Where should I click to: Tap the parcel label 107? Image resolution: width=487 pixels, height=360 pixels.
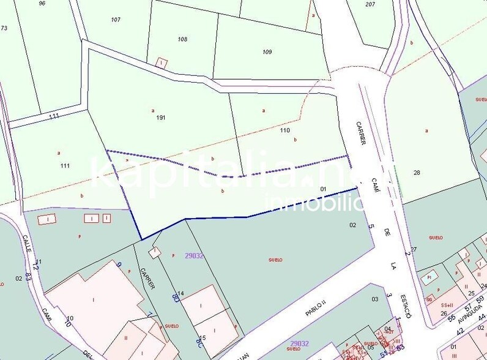pos(116,20)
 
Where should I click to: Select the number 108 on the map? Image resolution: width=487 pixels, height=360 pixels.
pos(182,39)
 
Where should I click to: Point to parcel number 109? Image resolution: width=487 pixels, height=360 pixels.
pos(267,51)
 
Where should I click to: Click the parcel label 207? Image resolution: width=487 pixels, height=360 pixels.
pos(370,4)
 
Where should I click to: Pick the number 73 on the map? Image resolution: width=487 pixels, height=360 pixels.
pos(4,28)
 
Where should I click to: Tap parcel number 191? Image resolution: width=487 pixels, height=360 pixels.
pos(161,117)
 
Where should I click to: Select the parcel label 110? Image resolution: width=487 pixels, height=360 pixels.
pos(284,130)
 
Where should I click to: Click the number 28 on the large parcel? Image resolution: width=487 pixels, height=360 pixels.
pos(417,173)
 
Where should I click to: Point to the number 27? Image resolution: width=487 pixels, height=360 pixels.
pos(414,249)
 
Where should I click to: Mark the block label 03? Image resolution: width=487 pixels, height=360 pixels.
pos(375,299)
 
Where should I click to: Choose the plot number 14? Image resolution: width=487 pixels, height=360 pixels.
pos(181,293)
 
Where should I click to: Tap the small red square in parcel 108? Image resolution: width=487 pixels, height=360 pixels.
pos(161,62)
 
